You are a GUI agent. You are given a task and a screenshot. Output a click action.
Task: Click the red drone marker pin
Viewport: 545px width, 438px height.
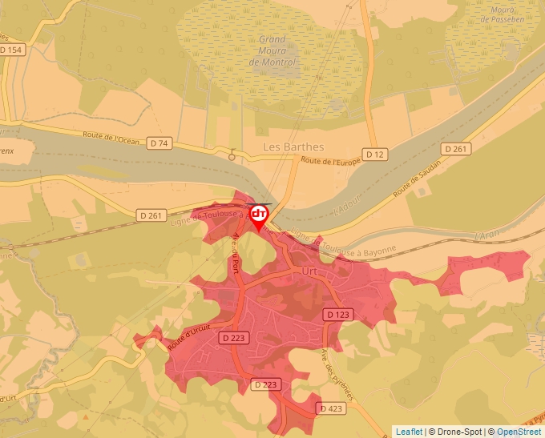click(x=259, y=216)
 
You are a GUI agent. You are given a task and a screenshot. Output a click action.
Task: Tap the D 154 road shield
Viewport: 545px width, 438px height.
click(x=12, y=50)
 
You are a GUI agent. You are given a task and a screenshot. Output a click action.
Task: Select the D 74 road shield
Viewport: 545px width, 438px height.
click(x=159, y=143)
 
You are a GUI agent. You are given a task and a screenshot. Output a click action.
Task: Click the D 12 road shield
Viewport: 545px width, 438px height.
click(x=374, y=153)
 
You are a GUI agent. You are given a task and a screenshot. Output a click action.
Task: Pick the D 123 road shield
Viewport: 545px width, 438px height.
click(x=336, y=315)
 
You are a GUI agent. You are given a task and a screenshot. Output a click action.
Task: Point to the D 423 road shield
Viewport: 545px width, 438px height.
click(x=331, y=408)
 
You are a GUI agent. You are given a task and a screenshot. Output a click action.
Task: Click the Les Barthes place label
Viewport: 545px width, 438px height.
click(x=293, y=147)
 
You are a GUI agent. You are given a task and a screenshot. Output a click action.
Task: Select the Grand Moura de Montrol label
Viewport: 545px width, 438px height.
click(x=272, y=50)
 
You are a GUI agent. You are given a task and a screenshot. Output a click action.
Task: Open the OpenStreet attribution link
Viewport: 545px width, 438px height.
click(x=519, y=432)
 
